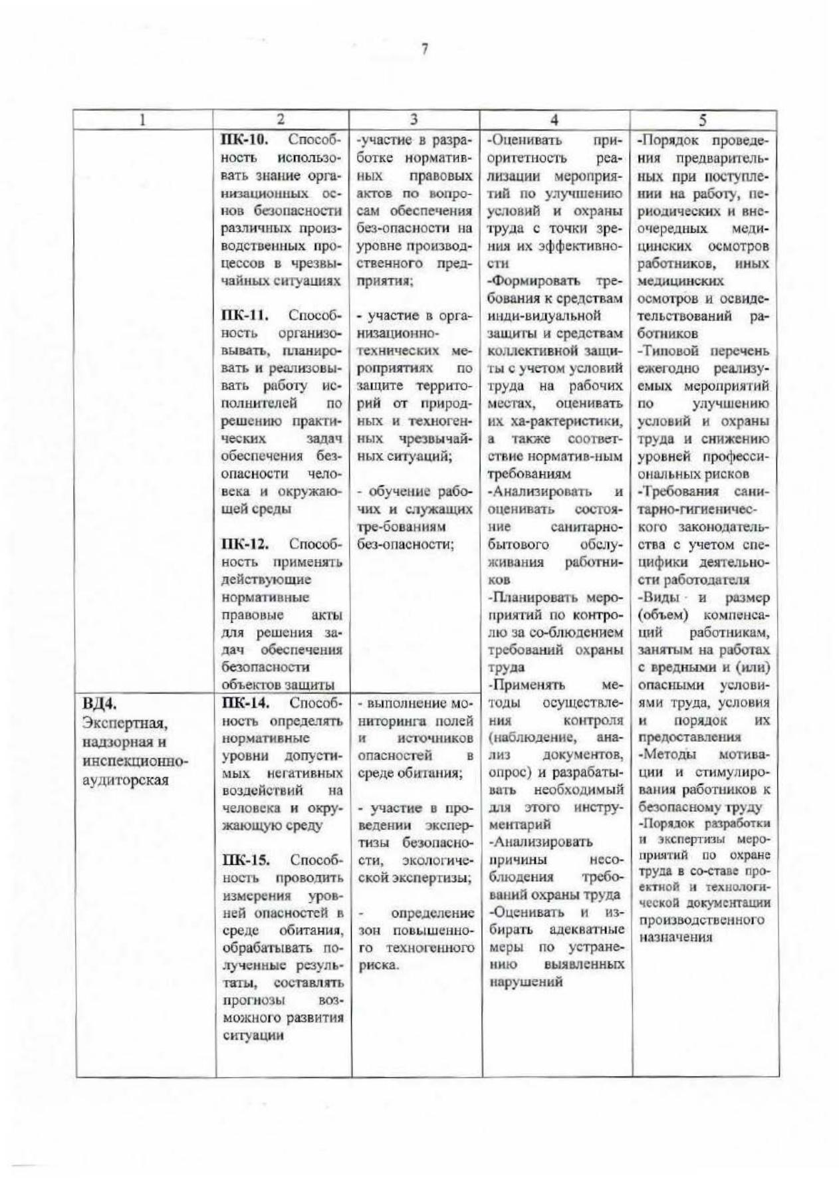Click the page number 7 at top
coord(423,50)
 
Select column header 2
coord(281,120)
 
